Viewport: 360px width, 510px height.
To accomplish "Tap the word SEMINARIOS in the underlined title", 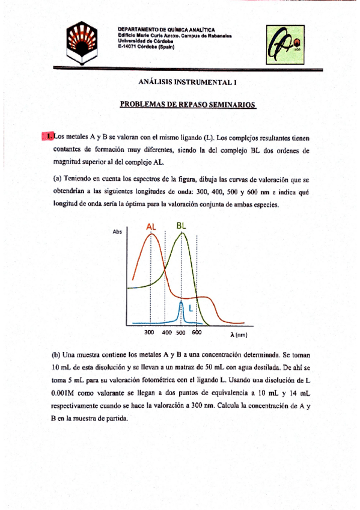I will click(231, 104).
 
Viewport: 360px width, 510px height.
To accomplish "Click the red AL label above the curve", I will click(151, 226).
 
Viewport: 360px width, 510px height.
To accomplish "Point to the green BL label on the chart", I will click(182, 225).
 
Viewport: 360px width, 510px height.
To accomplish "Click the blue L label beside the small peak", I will click(191, 308).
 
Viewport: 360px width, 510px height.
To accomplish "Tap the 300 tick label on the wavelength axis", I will click(150, 333).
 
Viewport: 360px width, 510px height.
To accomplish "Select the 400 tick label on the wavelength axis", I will click(167, 333).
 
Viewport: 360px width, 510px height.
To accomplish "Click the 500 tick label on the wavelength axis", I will click(181, 333).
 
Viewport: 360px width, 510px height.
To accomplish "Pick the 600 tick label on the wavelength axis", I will click(197, 333).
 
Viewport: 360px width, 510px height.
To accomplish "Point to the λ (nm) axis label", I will click(239, 334).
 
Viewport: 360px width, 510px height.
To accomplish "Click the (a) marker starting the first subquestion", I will click(57, 179).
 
